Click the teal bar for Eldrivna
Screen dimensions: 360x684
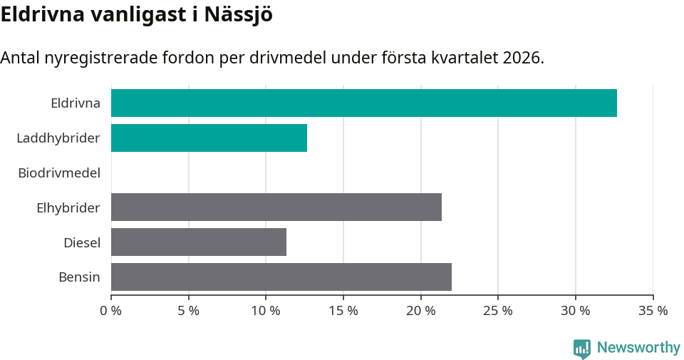363,103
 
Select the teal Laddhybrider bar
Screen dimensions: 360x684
209,138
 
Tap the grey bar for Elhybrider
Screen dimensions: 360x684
276,207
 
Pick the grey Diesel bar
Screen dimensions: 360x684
198,242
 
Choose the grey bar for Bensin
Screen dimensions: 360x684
281,277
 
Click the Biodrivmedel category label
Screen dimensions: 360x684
59,173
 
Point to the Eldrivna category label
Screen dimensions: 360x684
75,103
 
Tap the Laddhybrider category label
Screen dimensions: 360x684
58,138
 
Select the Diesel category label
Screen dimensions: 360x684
81,242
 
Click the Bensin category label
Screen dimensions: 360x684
79,277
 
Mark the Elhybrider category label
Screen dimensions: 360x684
68,207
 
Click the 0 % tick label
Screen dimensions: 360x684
111,311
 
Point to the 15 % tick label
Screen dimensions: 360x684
343,311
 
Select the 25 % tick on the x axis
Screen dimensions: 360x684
498,311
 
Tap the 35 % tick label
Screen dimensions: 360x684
653,311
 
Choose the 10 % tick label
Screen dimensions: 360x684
266,311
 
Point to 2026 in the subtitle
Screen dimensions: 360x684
522,58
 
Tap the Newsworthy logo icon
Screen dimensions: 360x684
582,348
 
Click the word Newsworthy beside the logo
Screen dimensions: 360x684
638,348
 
